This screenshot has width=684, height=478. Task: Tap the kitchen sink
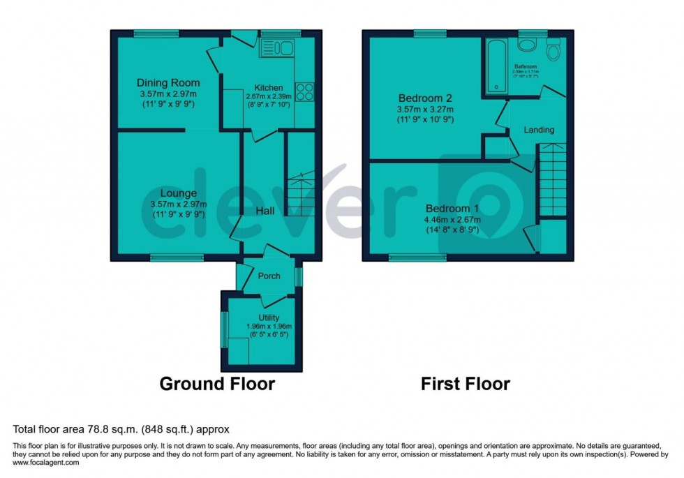(278, 47)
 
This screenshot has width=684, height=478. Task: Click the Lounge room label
(177, 193)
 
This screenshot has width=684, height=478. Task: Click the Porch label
(269, 276)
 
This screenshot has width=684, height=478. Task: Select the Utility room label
(269, 318)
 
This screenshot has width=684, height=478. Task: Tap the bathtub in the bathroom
(497, 65)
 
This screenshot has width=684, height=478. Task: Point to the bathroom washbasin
(527, 43)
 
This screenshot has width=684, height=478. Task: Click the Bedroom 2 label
(425, 98)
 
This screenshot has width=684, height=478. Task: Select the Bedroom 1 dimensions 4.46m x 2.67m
(452, 220)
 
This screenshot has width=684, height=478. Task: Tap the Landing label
(539, 130)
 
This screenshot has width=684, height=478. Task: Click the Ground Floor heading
(217, 384)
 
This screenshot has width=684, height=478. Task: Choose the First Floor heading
(465, 384)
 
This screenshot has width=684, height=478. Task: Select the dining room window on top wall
(156, 33)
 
